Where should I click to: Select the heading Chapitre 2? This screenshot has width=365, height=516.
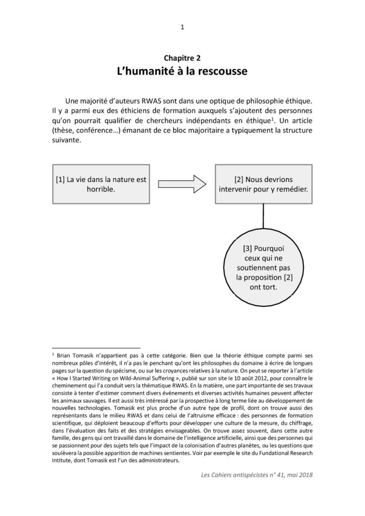[182, 59]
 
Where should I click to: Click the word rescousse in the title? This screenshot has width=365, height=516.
[220, 72]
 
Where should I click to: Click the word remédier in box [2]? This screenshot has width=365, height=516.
[284, 190]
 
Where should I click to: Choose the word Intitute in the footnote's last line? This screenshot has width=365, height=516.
[64, 462]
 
